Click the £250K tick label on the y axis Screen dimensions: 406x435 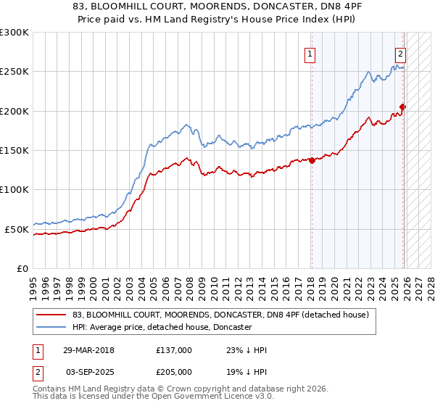[x=14, y=72]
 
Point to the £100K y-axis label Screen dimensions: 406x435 [x=14, y=190]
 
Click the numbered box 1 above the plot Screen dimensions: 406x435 [x=310, y=53]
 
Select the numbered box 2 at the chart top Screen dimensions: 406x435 [x=399, y=53]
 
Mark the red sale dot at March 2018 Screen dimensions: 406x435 [x=312, y=160]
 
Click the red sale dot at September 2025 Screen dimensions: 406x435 [x=402, y=107]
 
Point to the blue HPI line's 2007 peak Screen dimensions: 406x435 [x=186, y=125]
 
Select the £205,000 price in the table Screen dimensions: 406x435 [x=174, y=370]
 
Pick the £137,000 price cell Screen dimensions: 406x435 [x=174, y=350]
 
